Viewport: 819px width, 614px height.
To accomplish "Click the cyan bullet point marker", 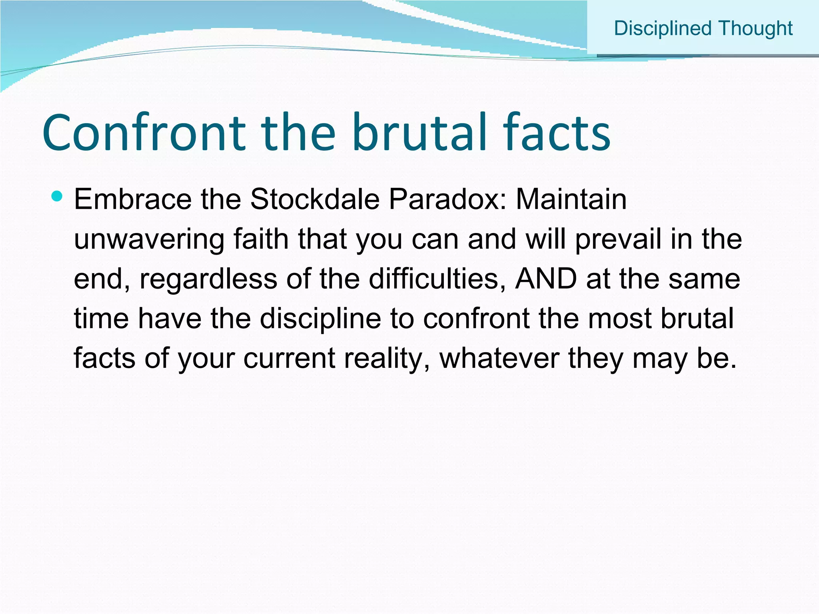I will point(57,196).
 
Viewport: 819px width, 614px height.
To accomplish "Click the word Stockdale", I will point(314,199).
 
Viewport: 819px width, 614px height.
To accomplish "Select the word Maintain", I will point(571,199).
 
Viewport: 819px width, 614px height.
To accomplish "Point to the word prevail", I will point(618,240).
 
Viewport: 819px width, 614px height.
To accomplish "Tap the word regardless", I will point(208,279).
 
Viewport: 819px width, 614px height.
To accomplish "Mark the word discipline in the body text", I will point(320,319).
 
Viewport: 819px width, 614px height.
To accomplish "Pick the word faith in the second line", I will point(261,240).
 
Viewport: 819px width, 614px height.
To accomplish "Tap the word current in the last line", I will point(289,358).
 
